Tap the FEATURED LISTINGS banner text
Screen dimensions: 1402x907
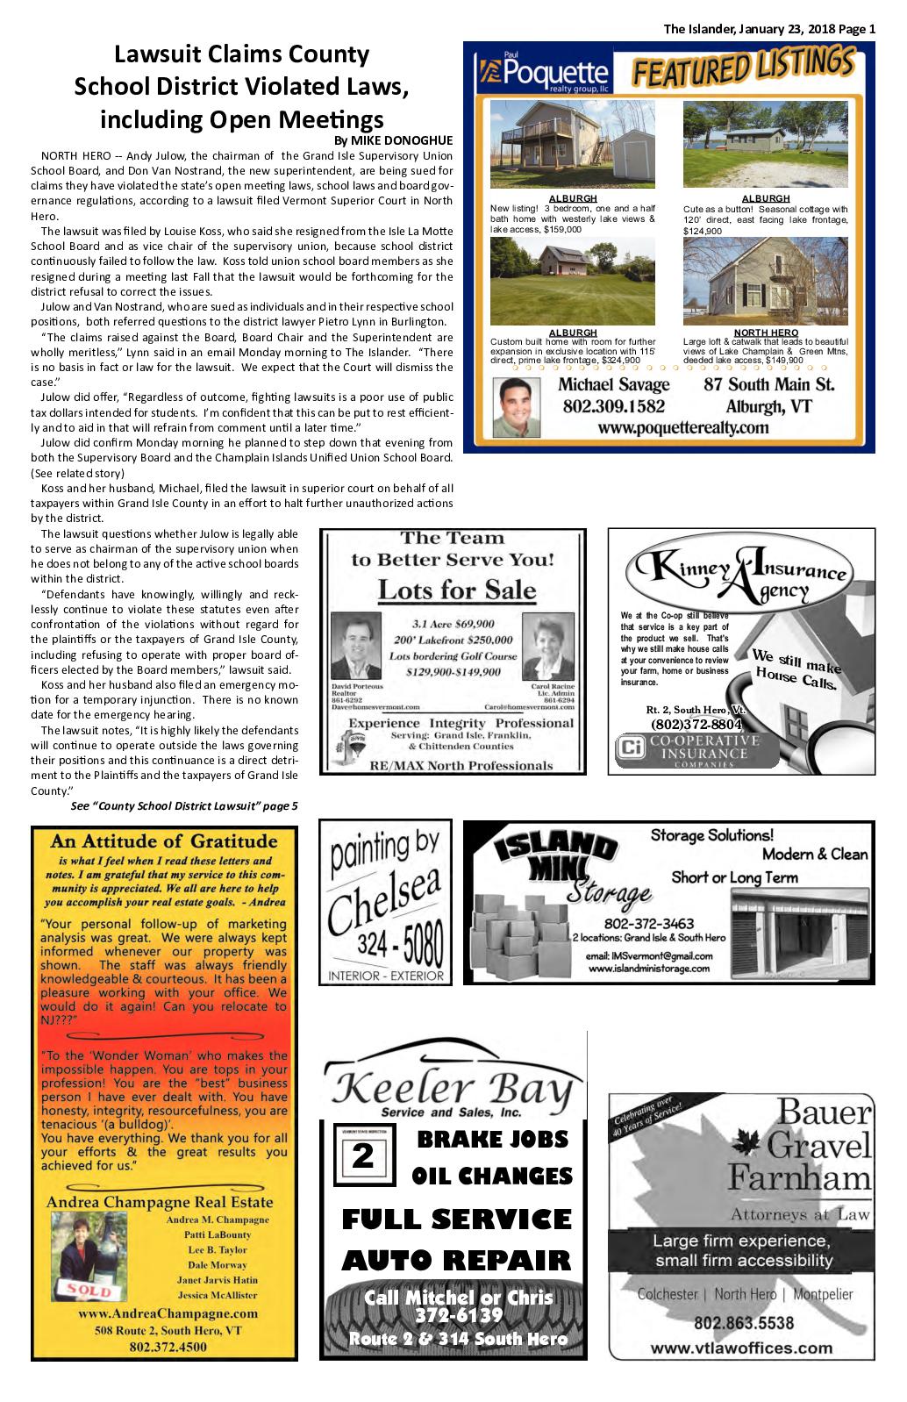coord(742,68)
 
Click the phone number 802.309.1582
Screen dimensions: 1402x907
coord(613,407)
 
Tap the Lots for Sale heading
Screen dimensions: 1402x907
coord(455,590)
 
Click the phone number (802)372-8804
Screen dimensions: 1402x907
coord(696,725)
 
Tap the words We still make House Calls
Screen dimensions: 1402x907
coord(794,669)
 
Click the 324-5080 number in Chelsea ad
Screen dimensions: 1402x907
coord(399,942)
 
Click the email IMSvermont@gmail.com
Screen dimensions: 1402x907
coord(648,956)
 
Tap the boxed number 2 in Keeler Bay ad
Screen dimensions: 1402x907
coord(361,1156)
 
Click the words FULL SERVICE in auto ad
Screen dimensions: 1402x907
coord(455,1220)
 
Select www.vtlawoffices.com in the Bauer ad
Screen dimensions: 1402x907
coord(742,1348)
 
